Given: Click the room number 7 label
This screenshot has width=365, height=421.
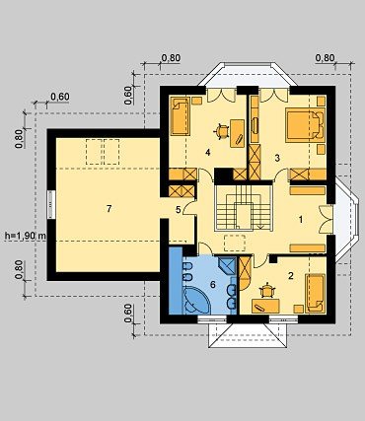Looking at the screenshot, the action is [x=109, y=208].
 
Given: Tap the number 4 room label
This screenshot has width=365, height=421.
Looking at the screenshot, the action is [x=207, y=152].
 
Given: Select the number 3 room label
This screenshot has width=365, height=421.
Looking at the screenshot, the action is [x=277, y=158].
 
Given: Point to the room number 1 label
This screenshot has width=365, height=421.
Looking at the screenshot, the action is [x=300, y=220].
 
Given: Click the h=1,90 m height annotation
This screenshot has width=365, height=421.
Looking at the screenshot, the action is [x=26, y=236].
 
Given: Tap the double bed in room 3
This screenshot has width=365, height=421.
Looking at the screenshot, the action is [x=305, y=125].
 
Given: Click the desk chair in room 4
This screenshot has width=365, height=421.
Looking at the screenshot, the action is [x=222, y=131].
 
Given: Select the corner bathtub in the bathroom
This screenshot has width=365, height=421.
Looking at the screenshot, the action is [x=197, y=300].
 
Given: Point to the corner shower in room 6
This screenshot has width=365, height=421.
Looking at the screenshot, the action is [x=227, y=265].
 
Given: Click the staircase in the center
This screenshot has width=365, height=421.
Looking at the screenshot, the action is [x=244, y=208].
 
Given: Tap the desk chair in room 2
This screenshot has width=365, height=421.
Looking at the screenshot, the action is [x=267, y=290].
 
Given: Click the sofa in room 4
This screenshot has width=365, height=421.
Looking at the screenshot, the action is [x=181, y=116].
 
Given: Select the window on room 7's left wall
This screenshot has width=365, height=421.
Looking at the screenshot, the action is [x=50, y=204].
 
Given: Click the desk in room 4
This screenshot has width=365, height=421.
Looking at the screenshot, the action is [x=237, y=133].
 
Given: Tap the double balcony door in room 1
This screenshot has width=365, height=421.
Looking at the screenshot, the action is [x=326, y=220].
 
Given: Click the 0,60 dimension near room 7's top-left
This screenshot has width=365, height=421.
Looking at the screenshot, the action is [x=60, y=97].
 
